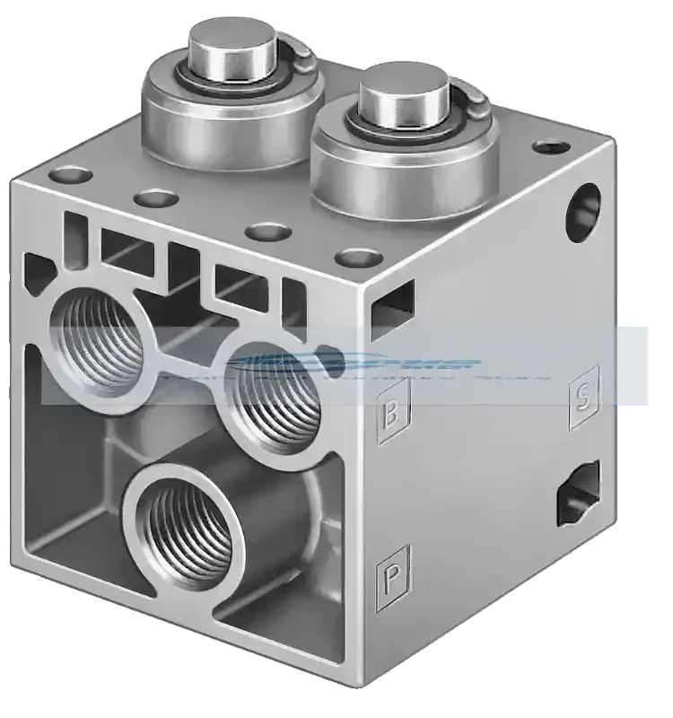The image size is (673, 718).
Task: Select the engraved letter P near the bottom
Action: [x=392, y=574]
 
